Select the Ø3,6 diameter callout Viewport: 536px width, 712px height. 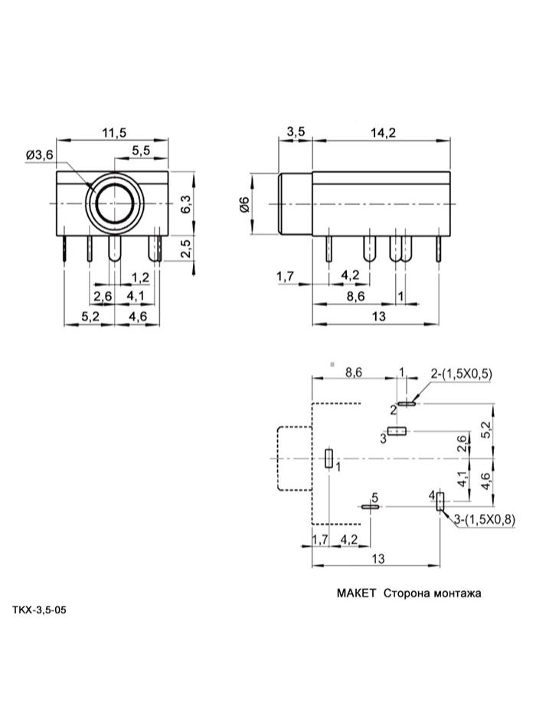tap(39, 154)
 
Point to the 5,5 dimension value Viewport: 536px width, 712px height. tap(140, 151)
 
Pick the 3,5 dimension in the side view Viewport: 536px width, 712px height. tap(296, 133)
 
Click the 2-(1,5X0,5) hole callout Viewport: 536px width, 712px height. tap(462, 374)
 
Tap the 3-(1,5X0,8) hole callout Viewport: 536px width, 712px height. tap(485, 520)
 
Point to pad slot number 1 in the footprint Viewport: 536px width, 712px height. tap(328, 459)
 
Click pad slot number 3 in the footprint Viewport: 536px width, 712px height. tap(395, 431)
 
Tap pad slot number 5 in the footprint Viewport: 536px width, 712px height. tap(371, 506)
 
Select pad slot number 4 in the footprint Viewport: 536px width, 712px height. tap(440, 503)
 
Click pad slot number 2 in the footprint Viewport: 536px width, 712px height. tap(407, 402)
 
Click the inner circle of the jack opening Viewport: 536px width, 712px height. tap(114, 203)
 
